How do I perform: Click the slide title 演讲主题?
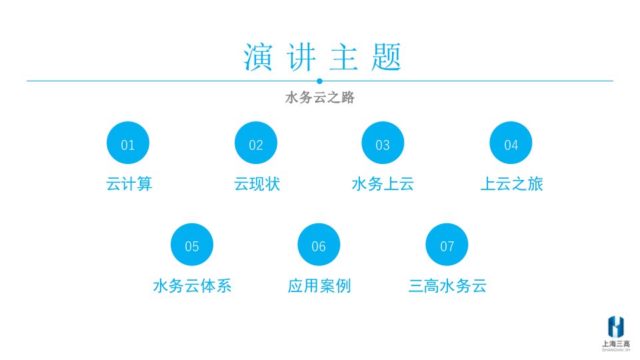323,57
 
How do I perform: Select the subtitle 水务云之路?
319,97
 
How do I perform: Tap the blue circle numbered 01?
128,143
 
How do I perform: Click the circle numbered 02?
256,143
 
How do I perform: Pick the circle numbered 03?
383,143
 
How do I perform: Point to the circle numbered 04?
511,143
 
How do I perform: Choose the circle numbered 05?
192,245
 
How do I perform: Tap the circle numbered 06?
319,245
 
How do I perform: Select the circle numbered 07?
447,245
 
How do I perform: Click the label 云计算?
129,184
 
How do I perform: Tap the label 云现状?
257,184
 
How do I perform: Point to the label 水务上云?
383,184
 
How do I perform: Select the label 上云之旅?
512,184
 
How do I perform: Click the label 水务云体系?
192,286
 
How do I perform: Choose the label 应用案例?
319,286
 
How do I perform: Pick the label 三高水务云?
447,286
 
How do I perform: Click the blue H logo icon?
616,327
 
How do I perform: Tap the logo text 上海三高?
616,344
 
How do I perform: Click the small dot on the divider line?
319,81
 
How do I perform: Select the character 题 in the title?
387,57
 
